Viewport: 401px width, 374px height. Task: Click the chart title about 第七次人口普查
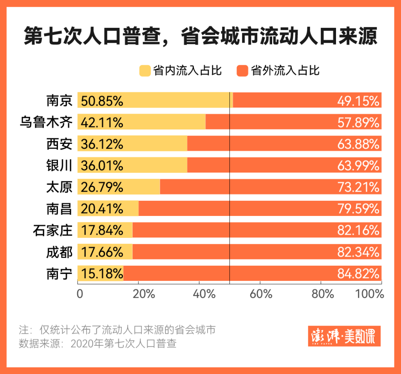point(200,38)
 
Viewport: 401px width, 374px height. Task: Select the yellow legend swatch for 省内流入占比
point(145,71)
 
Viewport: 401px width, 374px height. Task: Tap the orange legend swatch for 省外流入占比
point(242,71)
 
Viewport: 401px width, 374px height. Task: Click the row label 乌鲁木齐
point(46,122)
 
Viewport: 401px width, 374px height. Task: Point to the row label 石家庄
point(52,230)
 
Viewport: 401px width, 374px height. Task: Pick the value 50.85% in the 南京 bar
point(102,101)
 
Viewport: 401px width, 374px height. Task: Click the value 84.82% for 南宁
point(358,273)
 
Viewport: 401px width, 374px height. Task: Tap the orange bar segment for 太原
point(270,187)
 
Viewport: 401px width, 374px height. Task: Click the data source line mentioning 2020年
point(98,343)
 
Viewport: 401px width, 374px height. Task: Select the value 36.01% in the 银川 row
point(102,165)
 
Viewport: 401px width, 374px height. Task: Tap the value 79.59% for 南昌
point(358,209)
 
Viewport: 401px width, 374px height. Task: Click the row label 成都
point(59,252)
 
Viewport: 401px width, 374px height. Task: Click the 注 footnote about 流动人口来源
point(117,329)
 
